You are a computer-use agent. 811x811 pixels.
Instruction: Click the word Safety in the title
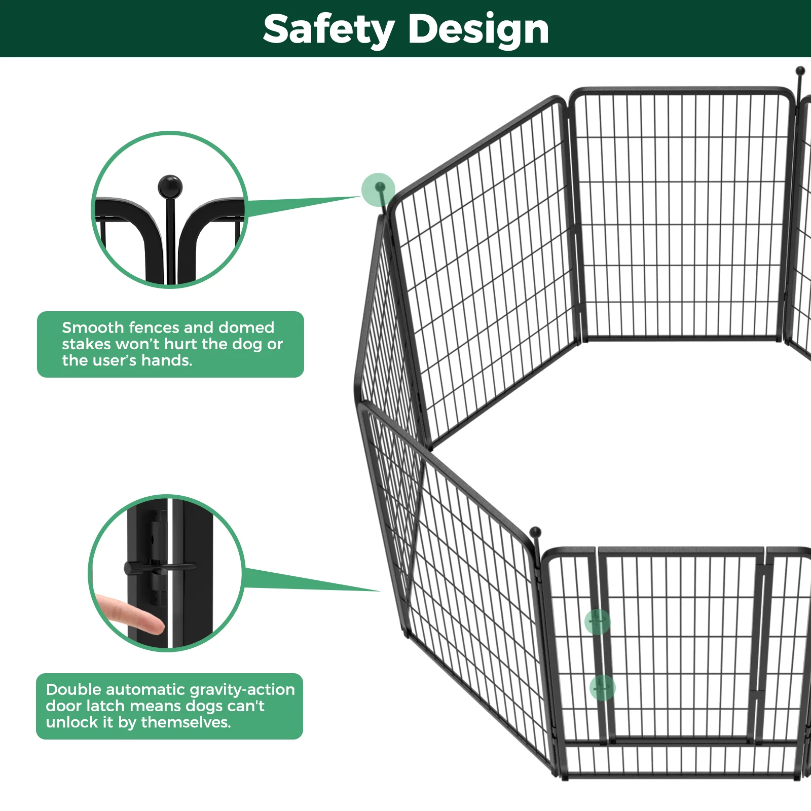pos(328,29)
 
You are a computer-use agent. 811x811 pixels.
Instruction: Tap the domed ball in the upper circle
pos(170,187)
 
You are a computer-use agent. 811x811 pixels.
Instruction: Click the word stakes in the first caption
pos(86,344)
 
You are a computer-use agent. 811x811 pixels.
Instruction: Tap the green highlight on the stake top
pos(378,190)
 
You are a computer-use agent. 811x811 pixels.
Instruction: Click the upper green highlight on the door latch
pos(597,621)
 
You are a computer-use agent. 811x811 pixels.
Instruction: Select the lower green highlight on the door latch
pos(602,688)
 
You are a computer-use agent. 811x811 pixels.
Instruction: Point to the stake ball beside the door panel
pos(535,532)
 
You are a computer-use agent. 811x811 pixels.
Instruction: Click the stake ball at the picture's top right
pos(800,70)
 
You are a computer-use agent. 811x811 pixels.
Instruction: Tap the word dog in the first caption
pos(248,344)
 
